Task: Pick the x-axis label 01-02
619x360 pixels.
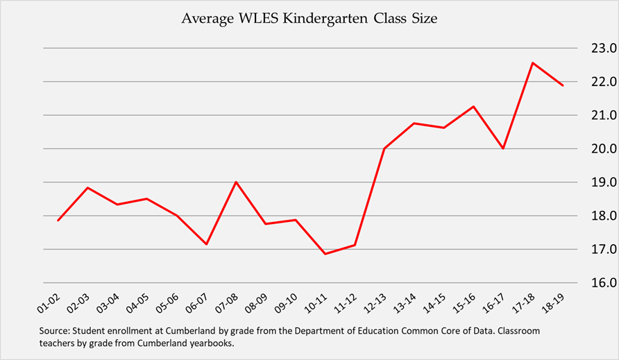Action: point(49,302)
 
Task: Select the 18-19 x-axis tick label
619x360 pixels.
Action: point(554,302)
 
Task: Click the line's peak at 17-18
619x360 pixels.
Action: point(532,63)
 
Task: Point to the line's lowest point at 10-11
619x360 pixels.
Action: point(325,254)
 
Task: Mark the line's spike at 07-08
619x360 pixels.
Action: point(236,182)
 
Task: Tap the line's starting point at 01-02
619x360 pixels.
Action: point(58,221)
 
